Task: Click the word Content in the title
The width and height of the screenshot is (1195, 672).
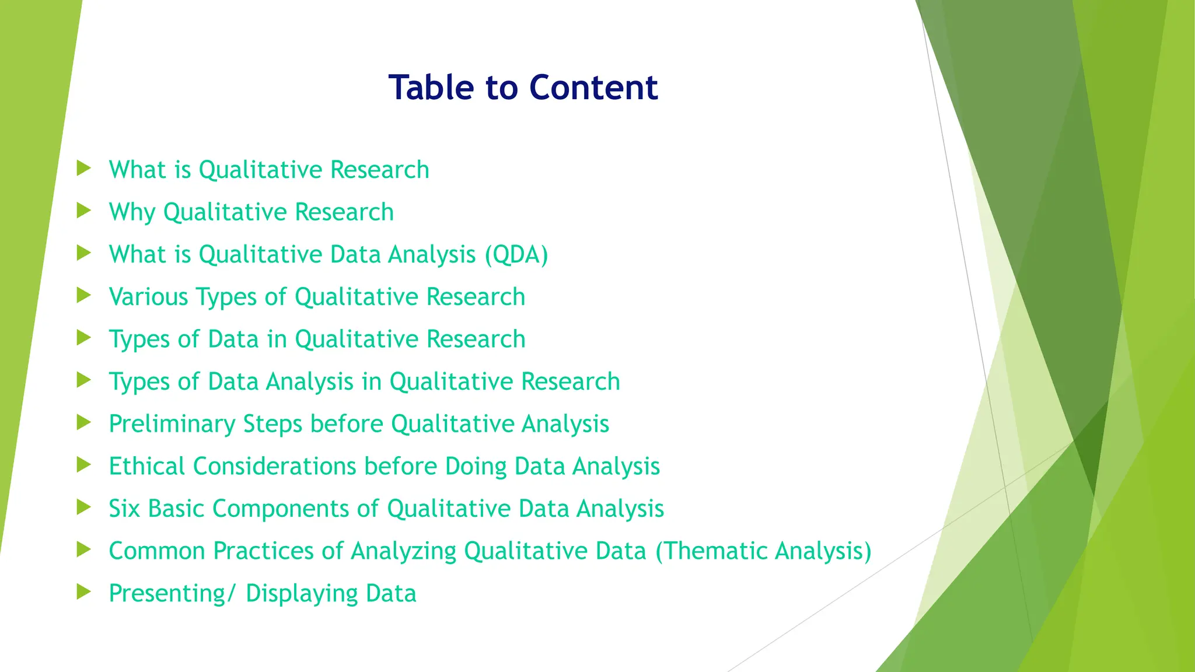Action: click(x=593, y=87)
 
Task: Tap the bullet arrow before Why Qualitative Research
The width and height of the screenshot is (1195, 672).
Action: click(x=84, y=211)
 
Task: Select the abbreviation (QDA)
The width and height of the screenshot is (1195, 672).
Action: click(x=516, y=255)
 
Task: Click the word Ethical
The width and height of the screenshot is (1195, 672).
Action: click(x=147, y=467)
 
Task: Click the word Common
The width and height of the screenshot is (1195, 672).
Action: click(x=156, y=551)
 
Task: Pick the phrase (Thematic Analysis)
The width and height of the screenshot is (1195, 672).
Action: click(x=763, y=551)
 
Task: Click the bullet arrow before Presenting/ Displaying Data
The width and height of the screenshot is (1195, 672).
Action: click(x=84, y=592)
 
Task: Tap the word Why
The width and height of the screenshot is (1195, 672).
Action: click(x=132, y=212)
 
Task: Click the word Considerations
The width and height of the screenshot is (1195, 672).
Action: click(x=275, y=467)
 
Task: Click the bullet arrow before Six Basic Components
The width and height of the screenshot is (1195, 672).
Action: click(x=84, y=508)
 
